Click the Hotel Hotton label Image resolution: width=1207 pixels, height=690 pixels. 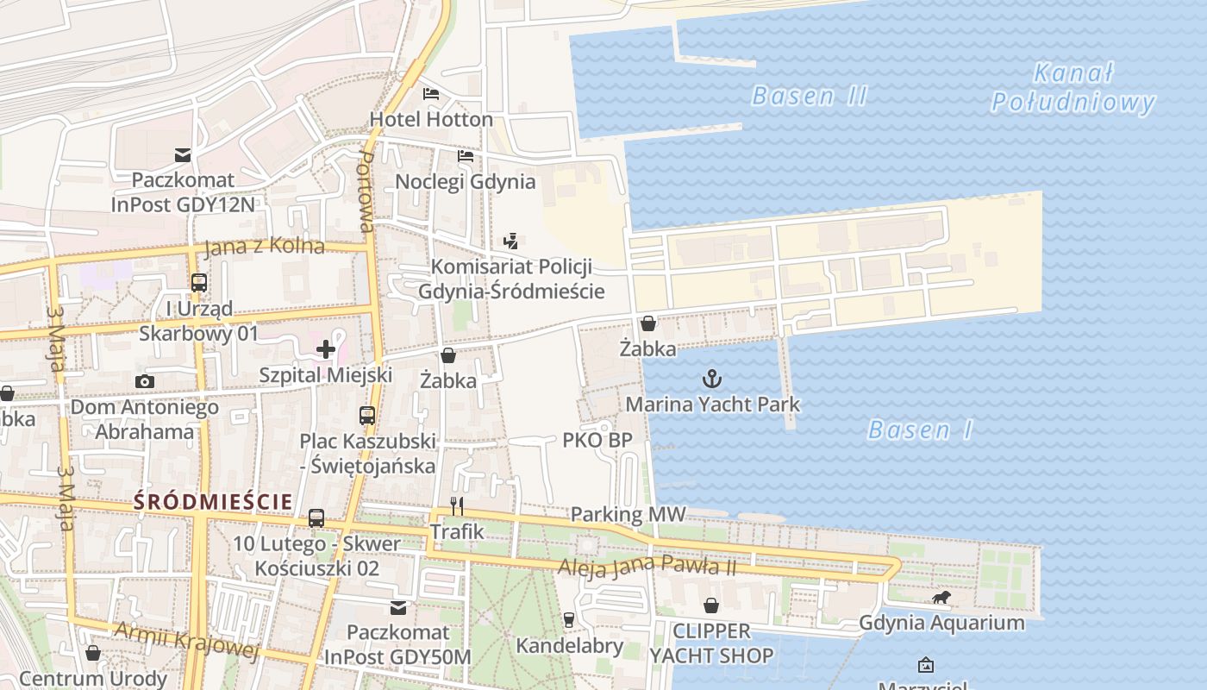click(431, 119)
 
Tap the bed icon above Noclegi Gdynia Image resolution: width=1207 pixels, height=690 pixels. click(466, 156)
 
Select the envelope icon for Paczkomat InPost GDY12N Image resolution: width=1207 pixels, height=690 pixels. click(183, 155)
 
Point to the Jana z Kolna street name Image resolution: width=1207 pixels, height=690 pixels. click(265, 247)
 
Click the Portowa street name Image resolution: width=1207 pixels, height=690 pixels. click(366, 192)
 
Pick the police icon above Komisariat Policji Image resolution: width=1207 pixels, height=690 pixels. click(510, 241)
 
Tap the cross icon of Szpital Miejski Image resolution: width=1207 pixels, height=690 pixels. click(326, 349)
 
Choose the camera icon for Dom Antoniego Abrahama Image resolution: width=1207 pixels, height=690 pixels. click(145, 381)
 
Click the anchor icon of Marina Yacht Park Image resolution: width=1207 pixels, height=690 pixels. click(712, 378)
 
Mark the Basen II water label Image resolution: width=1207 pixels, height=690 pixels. click(809, 96)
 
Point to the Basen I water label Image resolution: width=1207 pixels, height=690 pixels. click(920, 430)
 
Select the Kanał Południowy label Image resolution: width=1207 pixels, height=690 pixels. click(1073, 88)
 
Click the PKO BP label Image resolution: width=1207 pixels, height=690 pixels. click(597, 440)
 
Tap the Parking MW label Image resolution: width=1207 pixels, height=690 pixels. click(629, 515)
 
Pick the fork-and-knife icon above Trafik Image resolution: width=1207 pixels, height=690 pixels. click(457, 506)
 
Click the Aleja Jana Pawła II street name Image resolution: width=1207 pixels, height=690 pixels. click(647, 567)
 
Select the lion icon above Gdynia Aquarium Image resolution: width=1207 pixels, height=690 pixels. click(941, 597)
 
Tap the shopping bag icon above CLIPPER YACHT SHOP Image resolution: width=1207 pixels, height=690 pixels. click(711, 605)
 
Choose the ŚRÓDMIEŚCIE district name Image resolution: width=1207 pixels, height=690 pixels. click(212, 501)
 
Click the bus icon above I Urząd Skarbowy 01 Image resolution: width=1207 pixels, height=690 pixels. click(199, 282)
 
